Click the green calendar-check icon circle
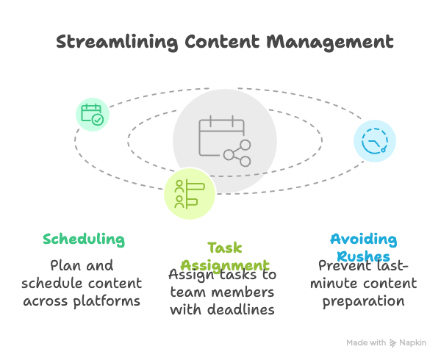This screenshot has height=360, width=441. tap(92, 114)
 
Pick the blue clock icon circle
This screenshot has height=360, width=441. tap(374, 140)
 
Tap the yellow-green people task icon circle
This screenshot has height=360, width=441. tap(188, 194)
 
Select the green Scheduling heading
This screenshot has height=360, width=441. tap(83, 240)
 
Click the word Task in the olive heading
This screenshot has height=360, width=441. tap(224, 248)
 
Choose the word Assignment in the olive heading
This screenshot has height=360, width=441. tap(224, 264)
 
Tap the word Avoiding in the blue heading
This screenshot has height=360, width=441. tap(363, 240)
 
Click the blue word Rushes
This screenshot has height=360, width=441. tap(363, 256)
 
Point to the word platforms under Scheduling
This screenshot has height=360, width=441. tap(110, 301)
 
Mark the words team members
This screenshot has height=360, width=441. tap(223, 292)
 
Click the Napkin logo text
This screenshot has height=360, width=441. tap(415, 342)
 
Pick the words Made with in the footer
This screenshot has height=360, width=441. tap(366, 342)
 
